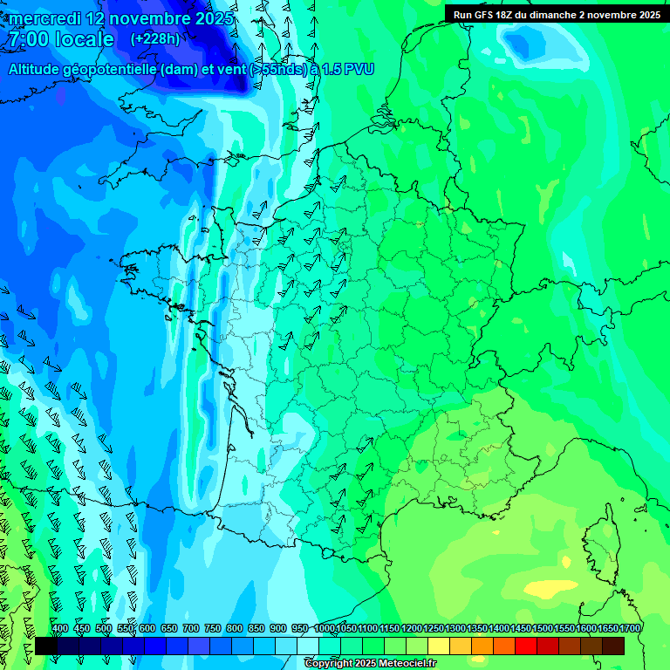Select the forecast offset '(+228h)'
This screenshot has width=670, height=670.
tap(155, 38)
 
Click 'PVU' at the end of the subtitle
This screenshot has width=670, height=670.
tap(359, 69)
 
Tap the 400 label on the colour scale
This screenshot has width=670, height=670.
tap(60, 628)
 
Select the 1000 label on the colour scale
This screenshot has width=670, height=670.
tap(325, 628)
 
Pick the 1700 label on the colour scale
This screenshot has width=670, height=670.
tap(630, 628)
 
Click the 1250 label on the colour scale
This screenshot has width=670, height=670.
tap(434, 628)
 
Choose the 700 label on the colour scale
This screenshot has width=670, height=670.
tap(191, 628)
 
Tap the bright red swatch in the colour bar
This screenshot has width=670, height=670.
tap(526, 646)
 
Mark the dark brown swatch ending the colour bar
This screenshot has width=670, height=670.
tap(613, 646)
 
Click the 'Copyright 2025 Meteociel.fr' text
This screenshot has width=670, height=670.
tap(370, 663)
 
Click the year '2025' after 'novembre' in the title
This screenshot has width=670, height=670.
tap(213, 18)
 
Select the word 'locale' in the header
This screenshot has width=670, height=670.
tap(84, 39)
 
